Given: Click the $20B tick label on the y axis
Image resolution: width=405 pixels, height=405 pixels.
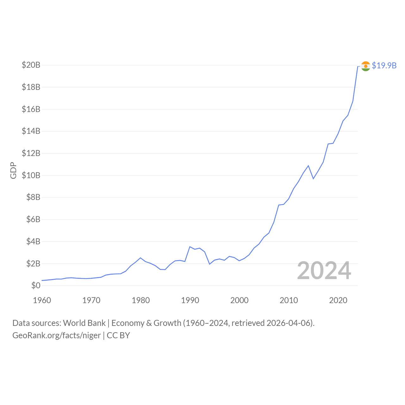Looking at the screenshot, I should pyautogui.click(x=31, y=65).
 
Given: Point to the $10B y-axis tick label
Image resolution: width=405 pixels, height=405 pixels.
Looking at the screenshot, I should pyautogui.click(x=31, y=175).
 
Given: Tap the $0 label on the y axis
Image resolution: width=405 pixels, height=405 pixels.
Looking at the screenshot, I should pyautogui.click(x=36, y=285).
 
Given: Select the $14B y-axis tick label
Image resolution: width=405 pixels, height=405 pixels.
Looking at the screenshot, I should pyautogui.click(x=31, y=131).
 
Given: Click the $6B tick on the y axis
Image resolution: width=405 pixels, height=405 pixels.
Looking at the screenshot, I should pyautogui.click(x=33, y=219).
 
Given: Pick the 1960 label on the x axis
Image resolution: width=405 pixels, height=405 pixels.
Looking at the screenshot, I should pyautogui.click(x=42, y=300).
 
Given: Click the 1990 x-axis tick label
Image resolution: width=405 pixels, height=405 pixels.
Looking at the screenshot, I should pyautogui.click(x=190, y=300).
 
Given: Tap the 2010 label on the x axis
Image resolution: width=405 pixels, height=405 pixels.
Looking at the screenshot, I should pyautogui.click(x=289, y=300).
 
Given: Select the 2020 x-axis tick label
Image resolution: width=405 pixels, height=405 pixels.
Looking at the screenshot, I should pyautogui.click(x=338, y=300).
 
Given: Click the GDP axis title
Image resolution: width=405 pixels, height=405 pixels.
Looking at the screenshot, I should pyautogui.click(x=13, y=170).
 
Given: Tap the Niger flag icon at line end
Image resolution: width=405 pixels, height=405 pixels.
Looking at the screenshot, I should pyautogui.click(x=365, y=66).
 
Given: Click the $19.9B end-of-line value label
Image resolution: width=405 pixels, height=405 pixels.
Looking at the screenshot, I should pyautogui.click(x=384, y=65).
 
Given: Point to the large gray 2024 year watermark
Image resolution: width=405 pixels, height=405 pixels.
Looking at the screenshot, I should pyautogui.click(x=324, y=271).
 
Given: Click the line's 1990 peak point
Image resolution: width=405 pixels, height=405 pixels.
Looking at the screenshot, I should pyautogui.click(x=190, y=247).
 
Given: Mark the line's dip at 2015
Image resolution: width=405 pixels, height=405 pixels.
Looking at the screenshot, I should pyautogui.click(x=313, y=179).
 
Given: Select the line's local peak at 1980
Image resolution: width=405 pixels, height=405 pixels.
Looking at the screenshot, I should pyautogui.click(x=140, y=258).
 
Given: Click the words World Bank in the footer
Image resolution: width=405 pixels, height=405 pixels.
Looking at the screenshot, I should pyautogui.click(x=84, y=323).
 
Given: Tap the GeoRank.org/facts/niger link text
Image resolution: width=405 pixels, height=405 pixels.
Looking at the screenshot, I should pyautogui.click(x=57, y=335).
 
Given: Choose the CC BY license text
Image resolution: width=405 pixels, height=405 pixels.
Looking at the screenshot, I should pyautogui.click(x=118, y=335).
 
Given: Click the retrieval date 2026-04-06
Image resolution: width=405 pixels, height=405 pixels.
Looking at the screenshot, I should pyautogui.click(x=289, y=323).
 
